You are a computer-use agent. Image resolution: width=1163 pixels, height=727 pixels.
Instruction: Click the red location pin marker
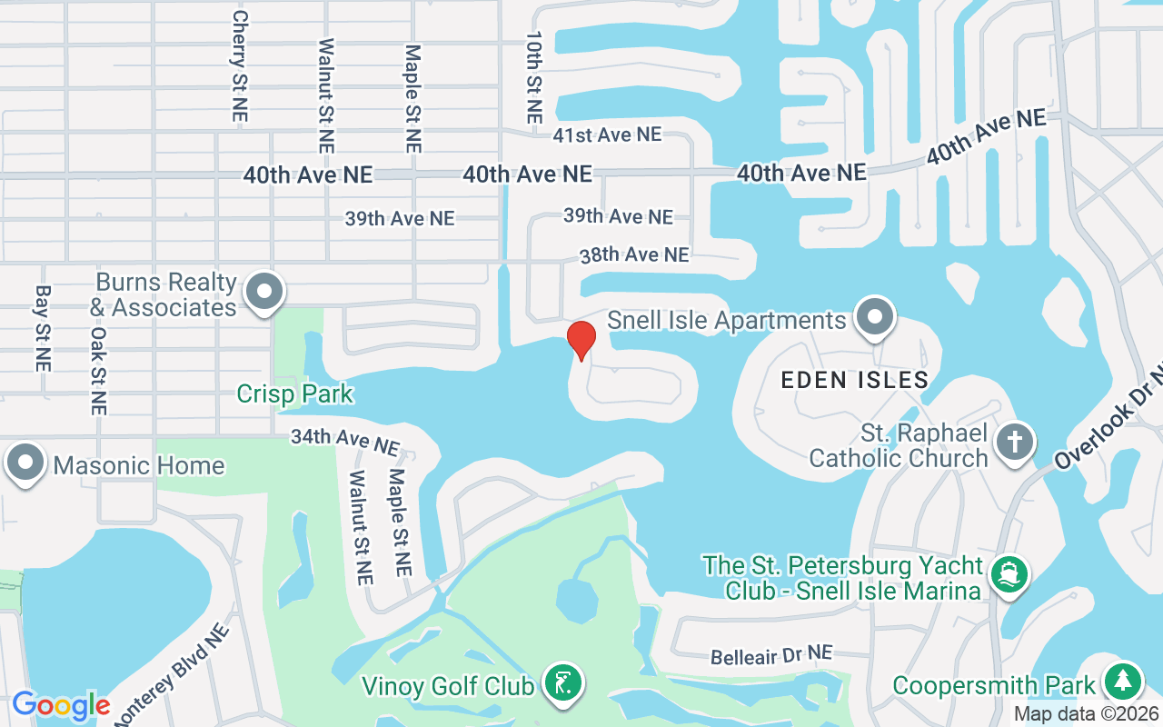coord(581,340)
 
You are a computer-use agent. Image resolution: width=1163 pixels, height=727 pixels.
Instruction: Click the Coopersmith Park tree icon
coord(1123,682)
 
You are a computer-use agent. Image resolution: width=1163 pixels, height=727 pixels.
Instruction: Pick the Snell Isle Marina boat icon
coord(1009,574)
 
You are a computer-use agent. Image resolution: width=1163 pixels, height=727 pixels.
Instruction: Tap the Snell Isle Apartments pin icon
coord(875,318)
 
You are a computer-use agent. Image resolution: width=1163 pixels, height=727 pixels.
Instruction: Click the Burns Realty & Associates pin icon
coord(265,293)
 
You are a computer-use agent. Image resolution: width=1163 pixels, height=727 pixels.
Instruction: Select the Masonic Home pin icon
coord(25,463)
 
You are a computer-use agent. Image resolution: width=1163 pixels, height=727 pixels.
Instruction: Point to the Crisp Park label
coord(294,394)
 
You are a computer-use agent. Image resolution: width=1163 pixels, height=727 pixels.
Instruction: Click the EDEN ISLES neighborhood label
coord(855,380)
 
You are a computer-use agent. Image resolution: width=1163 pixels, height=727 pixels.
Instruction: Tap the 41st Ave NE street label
coord(607,134)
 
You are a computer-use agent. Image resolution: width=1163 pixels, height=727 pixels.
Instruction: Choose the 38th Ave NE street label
coord(634,254)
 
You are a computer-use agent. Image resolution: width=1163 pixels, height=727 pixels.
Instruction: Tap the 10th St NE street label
coord(534,78)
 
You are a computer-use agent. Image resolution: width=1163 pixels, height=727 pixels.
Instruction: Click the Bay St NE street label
coord(42,328)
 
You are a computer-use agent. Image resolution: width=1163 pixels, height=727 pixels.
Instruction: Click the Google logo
coord(60,705)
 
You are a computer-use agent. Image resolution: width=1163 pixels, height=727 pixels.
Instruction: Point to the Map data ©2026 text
coord(1087,714)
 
